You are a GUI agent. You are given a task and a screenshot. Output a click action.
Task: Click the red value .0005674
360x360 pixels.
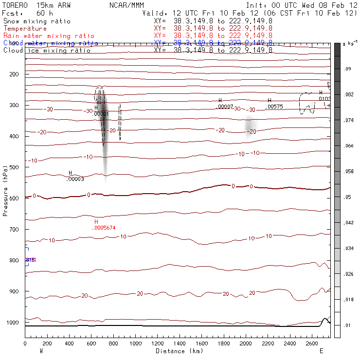point(105,228)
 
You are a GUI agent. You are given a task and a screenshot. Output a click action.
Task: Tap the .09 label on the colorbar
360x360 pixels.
point(347,69)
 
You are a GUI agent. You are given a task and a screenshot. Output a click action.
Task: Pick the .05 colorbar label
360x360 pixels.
point(347,197)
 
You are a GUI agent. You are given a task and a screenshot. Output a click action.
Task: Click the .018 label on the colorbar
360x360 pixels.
point(349,299)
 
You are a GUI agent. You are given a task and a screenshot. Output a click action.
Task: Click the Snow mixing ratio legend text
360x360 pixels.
point(36,21)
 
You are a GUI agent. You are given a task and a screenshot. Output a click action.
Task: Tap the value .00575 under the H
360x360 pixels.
point(275,107)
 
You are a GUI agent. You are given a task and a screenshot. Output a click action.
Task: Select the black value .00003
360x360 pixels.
point(75,179)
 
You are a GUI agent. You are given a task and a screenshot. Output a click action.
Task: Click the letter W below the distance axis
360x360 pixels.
point(41,351)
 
